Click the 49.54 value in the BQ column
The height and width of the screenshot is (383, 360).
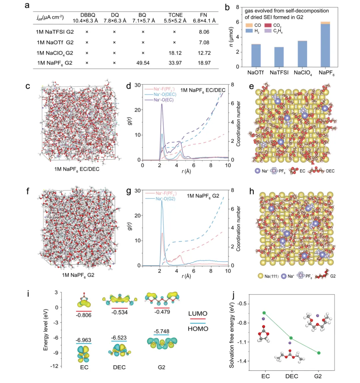pyautogui.click(x=143, y=63)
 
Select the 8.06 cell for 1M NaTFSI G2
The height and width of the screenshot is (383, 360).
pyautogui.click(x=204, y=32)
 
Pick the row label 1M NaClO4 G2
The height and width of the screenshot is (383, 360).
pyautogui.click(x=55, y=53)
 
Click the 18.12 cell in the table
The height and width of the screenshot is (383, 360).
pyautogui.click(x=175, y=53)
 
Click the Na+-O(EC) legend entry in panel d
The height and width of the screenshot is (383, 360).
pyautogui.click(x=163, y=100)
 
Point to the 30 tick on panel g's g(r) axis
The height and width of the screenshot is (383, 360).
pyautogui.click(x=137, y=191)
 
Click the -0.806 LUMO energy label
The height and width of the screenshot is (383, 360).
pyautogui.click(x=84, y=315)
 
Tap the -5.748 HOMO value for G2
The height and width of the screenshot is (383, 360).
pyautogui.click(x=161, y=331)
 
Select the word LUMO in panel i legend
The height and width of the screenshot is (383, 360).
pyautogui.click(x=198, y=314)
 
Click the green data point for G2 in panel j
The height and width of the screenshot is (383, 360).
pyautogui.click(x=319, y=353)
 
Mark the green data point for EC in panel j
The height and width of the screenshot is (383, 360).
pyautogui.click(x=264, y=313)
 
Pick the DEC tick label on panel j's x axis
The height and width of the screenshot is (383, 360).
pyautogui.click(x=291, y=376)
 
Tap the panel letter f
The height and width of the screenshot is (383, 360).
pyautogui.click(x=28, y=191)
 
